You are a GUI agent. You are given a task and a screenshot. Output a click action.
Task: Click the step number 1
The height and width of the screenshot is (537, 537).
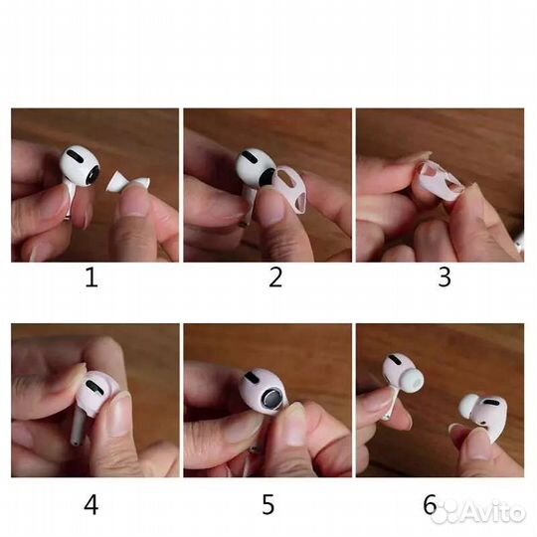click(x=91, y=277)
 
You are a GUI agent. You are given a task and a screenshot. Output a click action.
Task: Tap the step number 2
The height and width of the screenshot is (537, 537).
click(x=275, y=277)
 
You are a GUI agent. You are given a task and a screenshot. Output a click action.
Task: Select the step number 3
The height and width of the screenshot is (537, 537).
click(x=446, y=277)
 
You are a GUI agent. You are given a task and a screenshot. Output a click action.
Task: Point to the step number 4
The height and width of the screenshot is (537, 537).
click(x=91, y=505)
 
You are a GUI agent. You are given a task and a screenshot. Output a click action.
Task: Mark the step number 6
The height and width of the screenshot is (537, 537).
click(x=431, y=505)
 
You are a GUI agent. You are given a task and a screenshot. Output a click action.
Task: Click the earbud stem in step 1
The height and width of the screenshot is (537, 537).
click(x=69, y=204)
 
